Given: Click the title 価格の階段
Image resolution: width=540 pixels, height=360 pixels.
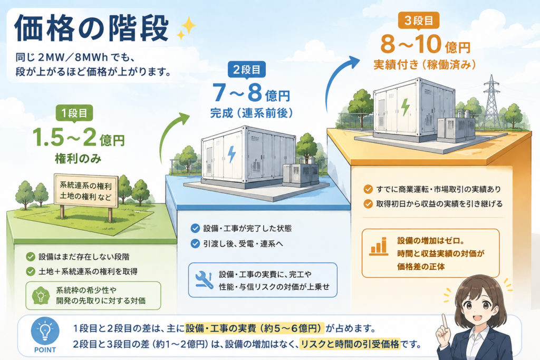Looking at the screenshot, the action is (x=92, y=28).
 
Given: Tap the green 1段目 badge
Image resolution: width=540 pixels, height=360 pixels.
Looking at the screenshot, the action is (x=74, y=113).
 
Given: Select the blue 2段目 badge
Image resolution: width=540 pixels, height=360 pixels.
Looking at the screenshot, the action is (x=247, y=70).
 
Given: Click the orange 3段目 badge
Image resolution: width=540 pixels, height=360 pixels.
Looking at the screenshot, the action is (x=418, y=21).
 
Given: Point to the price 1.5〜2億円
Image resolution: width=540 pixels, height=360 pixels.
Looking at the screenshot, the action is (x=79, y=138).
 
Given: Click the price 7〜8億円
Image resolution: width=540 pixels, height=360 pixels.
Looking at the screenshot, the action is (x=251, y=93).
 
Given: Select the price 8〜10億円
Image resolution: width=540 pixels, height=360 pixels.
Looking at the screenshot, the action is (x=426, y=44).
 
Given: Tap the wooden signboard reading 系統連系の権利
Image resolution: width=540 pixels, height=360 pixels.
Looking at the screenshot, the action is (x=86, y=192).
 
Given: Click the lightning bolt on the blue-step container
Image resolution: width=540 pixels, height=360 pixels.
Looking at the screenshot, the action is (x=232, y=154).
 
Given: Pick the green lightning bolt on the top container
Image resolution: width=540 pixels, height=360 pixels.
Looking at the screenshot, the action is (x=406, y=106).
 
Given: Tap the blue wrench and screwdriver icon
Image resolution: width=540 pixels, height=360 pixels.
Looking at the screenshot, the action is (x=204, y=279).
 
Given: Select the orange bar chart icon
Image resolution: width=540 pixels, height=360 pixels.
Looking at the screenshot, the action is (x=379, y=247).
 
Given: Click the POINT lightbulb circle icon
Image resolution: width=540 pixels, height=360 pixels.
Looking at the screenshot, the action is (x=45, y=330).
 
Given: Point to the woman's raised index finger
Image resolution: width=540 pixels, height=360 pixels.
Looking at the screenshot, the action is (x=445, y=322).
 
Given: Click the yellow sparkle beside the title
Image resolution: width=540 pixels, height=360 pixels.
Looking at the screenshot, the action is (x=186, y=28).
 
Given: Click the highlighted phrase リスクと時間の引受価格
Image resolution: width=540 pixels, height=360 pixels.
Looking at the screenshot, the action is (x=350, y=344).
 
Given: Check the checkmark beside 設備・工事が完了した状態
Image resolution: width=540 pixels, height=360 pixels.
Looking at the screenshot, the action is (x=195, y=228).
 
